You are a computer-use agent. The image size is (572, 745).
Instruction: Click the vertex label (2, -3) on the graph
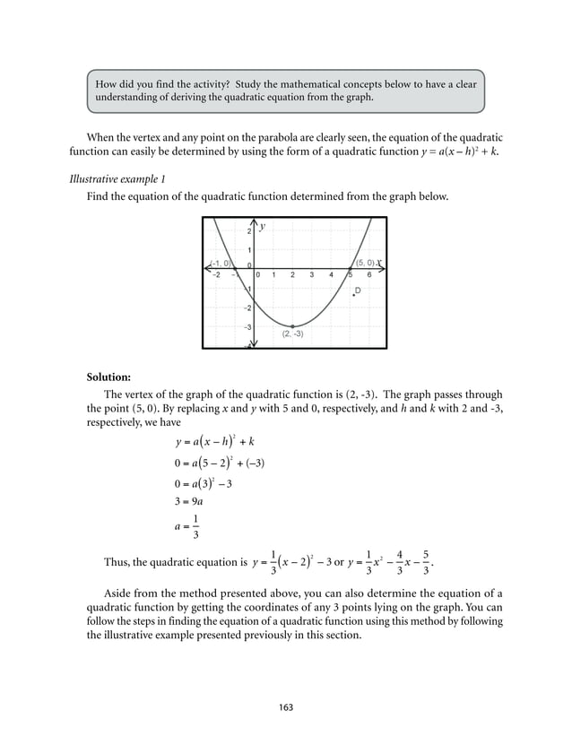pos(292,334)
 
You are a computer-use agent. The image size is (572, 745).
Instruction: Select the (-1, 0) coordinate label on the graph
pos(219,263)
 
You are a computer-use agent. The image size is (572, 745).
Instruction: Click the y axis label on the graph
pos(263,228)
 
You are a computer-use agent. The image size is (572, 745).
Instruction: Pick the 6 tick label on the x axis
pos(368,275)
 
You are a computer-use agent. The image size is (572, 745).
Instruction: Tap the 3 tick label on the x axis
pos(311,275)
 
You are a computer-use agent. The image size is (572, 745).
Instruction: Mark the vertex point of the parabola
pos(291,325)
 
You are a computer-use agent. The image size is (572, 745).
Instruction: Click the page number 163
pos(286,707)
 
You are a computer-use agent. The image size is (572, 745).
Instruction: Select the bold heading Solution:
pos(108,376)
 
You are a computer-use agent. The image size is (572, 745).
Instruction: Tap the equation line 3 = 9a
pos(192,502)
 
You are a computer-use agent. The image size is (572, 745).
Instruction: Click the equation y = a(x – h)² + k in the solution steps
pos(215,441)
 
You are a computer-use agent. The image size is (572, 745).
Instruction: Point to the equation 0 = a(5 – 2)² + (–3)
pos(219,463)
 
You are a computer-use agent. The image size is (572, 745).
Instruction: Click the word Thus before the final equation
pos(117,563)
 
